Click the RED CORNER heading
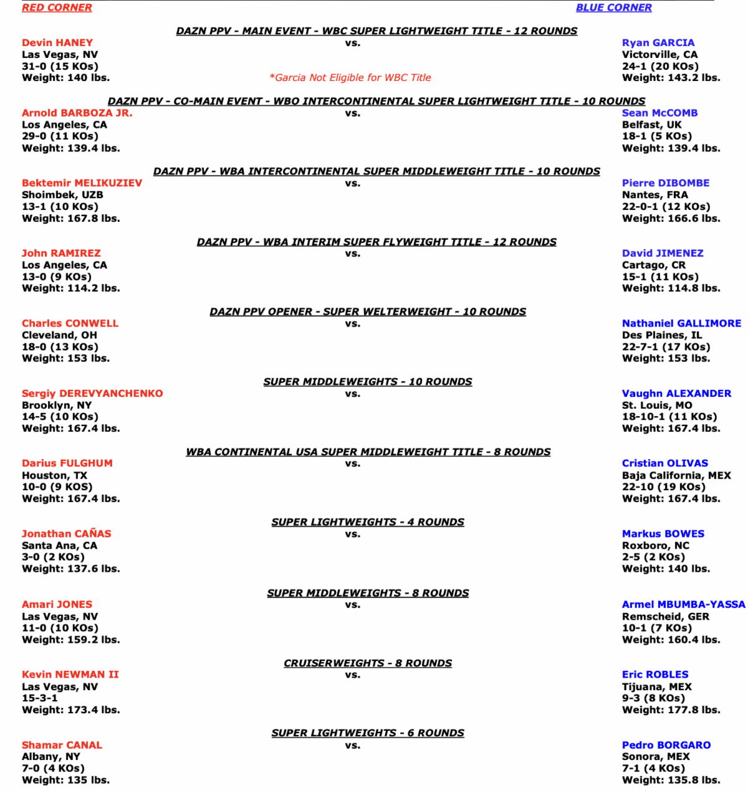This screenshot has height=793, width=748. tap(57, 7)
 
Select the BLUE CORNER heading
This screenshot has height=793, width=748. tap(613, 7)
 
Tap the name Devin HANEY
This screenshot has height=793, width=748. tap(57, 43)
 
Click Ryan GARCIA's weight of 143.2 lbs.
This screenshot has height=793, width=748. tap(671, 78)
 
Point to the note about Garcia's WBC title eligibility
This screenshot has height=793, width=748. tap(350, 78)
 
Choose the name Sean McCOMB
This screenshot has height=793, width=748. tap(659, 113)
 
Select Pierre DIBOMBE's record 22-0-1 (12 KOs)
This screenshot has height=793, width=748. tap(666, 207)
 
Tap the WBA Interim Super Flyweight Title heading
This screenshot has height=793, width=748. tap(376, 242)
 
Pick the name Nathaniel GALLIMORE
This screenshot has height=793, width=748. tap(681, 323)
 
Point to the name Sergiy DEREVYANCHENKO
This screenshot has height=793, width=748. tap(92, 394)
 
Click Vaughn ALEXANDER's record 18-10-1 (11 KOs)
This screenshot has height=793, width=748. tap(669, 417)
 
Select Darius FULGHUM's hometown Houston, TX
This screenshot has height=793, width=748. tap(54, 475)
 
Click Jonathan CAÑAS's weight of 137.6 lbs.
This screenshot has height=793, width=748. tap(70, 569)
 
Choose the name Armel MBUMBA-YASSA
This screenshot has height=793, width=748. tap(683, 604)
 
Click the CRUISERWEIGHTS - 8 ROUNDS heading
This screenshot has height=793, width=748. tap(368, 663)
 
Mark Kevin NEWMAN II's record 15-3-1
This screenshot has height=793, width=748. tap(39, 698)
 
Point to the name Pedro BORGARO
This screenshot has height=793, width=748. tap(666, 745)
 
